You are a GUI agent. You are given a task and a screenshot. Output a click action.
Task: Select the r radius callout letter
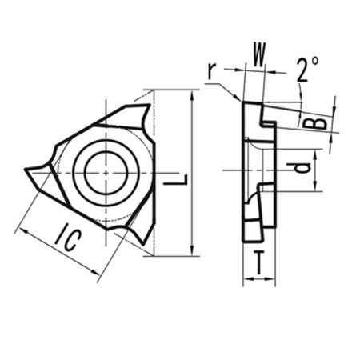[210, 71]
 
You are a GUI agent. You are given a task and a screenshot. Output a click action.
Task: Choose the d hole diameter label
[299, 169]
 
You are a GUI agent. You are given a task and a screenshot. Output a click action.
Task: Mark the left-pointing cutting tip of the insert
[27, 170]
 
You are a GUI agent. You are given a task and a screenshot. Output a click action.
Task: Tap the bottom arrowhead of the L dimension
[193, 253]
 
